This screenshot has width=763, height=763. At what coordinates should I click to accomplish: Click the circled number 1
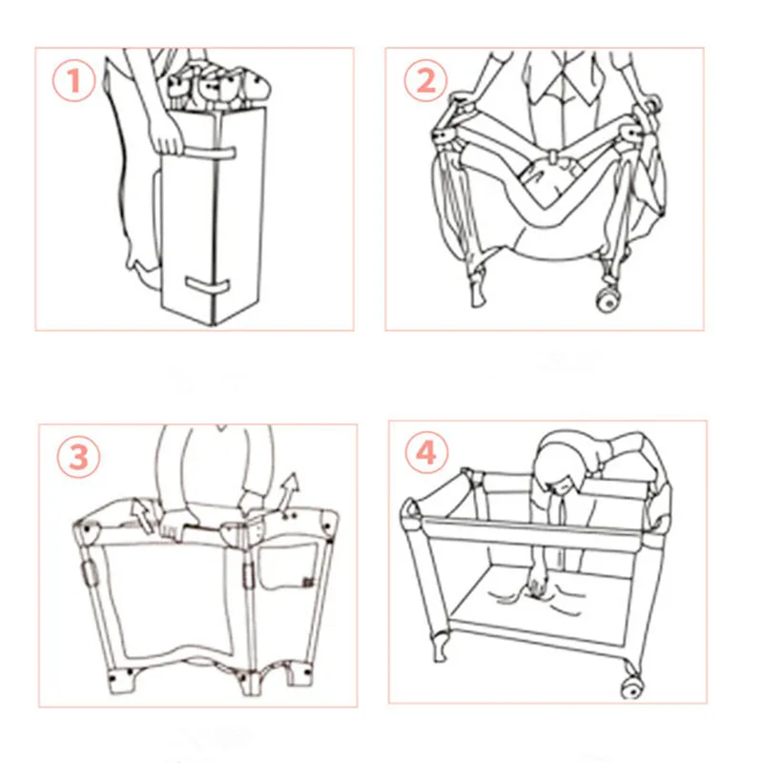[74, 80]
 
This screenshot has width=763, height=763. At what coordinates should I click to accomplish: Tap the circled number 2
[425, 80]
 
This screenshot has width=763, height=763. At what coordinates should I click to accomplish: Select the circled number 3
[79, 457]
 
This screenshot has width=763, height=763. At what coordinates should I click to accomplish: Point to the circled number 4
[426, 452]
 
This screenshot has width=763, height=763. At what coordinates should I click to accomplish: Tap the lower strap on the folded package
[207, 285]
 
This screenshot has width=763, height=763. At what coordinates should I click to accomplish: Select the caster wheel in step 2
[609, 300]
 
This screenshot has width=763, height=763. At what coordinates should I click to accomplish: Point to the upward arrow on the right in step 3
[291, 490]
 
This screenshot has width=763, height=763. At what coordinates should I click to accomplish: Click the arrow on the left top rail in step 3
[142, 517]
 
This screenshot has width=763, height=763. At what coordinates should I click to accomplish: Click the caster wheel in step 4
[632, 687]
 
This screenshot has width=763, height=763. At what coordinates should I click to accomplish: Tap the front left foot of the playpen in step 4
[440, 648]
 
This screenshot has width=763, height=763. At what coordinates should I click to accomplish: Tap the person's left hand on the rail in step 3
[176, 525]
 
